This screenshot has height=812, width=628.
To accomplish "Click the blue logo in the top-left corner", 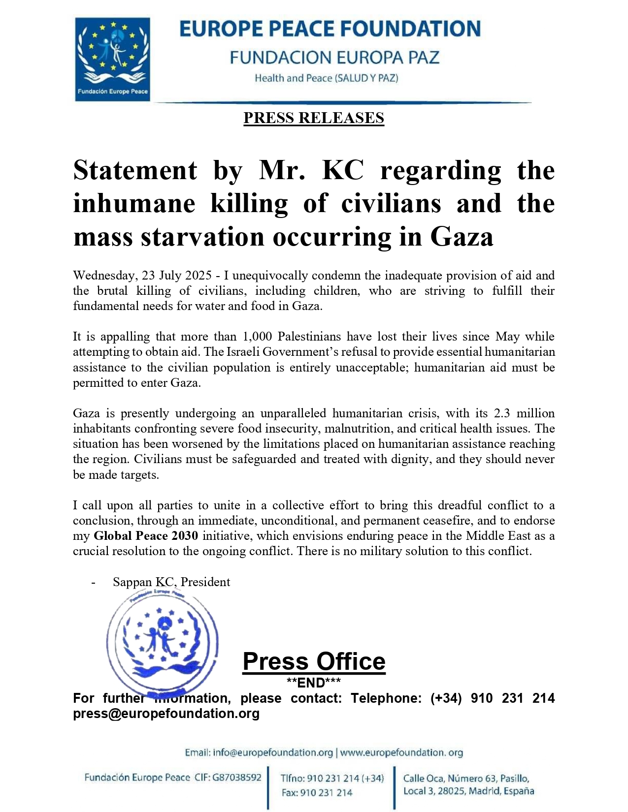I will point(112,59).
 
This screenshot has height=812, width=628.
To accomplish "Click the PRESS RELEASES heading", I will point(314,118).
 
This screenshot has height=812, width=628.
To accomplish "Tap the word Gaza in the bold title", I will point(462,237).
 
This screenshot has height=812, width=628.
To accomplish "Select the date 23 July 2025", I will point(177,275).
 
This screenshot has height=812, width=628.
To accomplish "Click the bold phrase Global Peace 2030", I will point(146,536).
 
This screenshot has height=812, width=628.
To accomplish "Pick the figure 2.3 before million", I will point(502,413).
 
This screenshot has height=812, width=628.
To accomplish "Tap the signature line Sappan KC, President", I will point(171,582).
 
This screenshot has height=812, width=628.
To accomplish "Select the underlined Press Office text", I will point(314,662).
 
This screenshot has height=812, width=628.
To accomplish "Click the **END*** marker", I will point(314,683).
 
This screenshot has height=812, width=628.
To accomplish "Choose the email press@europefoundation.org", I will point(166,714).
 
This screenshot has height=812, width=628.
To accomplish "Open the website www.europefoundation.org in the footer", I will point(401,753).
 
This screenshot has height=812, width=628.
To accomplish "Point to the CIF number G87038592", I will point(237,778).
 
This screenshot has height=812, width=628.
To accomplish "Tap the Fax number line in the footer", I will point(317,793).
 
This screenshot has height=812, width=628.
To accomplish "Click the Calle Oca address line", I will point(466,779).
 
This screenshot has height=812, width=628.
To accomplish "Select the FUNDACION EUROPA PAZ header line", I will point(334,58).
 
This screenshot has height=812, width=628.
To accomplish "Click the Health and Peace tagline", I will point(326,78).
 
